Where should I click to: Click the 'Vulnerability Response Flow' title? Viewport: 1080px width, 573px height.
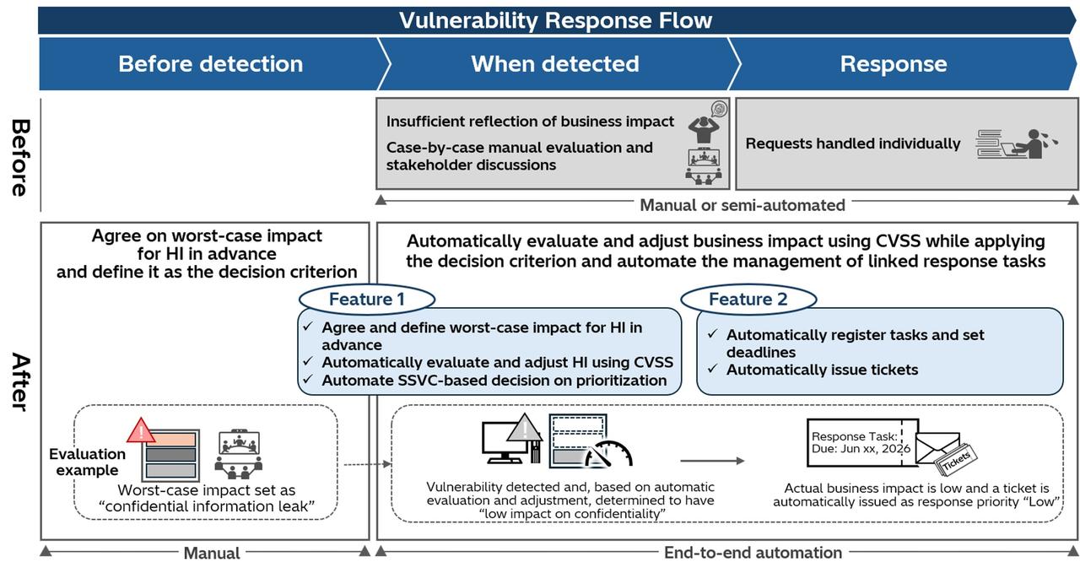(x=555, y=20)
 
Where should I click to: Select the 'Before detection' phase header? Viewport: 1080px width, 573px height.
(x=211, y=63)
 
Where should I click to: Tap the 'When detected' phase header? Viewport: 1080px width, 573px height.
(x=555, y=63)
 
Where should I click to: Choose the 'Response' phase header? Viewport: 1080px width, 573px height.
(x=894, y=64)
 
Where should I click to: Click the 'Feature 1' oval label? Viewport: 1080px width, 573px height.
(x=367, y=299)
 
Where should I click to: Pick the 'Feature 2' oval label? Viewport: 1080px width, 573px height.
(x=748, y=299)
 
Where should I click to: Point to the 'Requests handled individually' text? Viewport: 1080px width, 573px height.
(x=853, y=143)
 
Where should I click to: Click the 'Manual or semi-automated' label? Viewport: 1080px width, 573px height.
(x=742, y=205)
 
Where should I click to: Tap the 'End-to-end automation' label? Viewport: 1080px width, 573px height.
(x=753, y=552)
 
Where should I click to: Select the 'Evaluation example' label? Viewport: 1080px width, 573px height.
(x=87, y=462)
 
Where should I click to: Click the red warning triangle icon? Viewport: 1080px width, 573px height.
(x=141, y=430)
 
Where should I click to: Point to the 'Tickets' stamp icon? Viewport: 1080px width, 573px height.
(x=957, y=460)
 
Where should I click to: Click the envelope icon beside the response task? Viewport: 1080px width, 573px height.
(x=937, y=447)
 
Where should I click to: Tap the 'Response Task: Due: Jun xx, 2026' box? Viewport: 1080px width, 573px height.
(x=862, y=443)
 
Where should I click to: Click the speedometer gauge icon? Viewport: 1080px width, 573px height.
(x=608, y=454)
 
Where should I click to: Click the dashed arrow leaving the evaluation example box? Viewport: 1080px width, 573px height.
(x=367, y=464)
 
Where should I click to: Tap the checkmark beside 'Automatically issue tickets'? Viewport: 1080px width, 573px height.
(x=713, y=369)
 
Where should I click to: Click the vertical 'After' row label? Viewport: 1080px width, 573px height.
(x=20, y=381)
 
